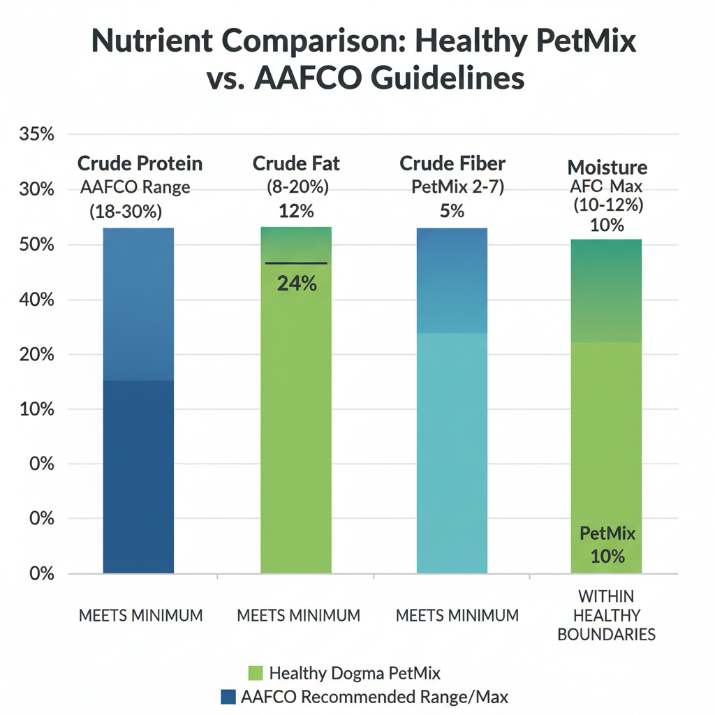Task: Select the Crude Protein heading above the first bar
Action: [140, 163]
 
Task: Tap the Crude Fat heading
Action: [296, 163]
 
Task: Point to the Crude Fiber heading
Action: [452, 163]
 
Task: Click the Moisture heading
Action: [607, 168]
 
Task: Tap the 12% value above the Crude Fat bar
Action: [297, 210]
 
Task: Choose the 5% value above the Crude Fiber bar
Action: [452, 210]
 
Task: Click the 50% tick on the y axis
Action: [37, 245]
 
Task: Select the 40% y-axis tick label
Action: [37, 300]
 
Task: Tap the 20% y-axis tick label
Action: [37, 355]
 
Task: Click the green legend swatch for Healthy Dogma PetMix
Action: [255, 673]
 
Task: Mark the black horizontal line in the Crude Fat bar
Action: [296, 263]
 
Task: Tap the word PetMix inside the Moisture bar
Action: [607, 534]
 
